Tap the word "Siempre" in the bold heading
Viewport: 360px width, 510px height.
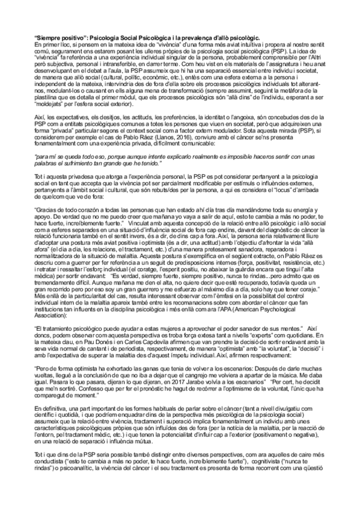point(49,38)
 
